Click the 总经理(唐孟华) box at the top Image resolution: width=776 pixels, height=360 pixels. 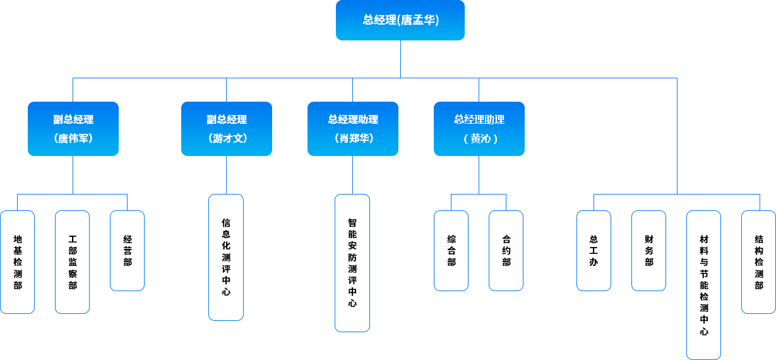400,20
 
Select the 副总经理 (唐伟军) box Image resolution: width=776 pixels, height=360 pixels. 73,128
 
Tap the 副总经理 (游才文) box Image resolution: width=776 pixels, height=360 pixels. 227,128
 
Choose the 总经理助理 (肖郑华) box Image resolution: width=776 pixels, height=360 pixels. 352,128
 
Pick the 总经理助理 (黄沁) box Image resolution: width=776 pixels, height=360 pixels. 479,128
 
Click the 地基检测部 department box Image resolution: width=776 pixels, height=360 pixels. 18,262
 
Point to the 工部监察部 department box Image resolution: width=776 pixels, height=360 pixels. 73,262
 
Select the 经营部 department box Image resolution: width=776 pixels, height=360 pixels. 128,251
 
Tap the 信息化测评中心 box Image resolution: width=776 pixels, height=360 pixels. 226,257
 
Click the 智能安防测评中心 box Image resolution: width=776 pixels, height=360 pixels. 352,263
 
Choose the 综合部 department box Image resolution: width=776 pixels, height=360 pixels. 451,251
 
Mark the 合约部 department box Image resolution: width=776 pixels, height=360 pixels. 506,251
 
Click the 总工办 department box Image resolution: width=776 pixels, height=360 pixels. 594,251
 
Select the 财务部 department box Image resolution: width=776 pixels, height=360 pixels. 649,251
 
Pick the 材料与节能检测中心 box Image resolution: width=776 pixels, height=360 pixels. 704,285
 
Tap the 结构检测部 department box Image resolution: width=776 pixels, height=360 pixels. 758,262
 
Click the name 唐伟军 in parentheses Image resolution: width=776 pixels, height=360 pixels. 73,138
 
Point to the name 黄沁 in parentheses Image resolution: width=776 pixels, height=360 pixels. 479,138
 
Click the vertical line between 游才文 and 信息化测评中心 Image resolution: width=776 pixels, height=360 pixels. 227,175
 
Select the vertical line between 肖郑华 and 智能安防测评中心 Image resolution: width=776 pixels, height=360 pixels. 352,175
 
